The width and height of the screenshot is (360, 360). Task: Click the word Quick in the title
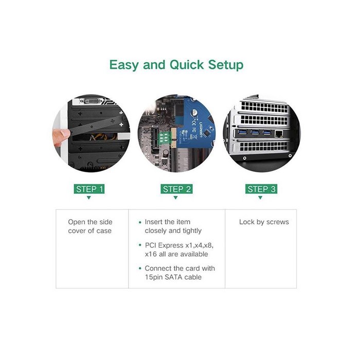(x=187, y=65)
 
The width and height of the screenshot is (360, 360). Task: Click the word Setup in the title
(x=226, y=65)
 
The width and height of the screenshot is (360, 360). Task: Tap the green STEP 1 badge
(x=89, y=189)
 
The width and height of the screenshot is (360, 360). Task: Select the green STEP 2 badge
(x=176, y=189)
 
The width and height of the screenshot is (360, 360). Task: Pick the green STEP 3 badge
(x=261, y=189)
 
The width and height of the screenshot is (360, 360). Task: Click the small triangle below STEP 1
(x=89, y=197)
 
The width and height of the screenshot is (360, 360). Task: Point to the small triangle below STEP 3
(x=260, y=197)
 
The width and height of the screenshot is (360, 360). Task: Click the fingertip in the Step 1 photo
(x=62, y=134)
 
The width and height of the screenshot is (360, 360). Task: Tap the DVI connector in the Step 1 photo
(x=91, y=101)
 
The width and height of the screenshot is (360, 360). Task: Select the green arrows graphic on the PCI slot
(x=164, y=137)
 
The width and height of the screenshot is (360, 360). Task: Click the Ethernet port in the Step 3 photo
(x=279, y=133)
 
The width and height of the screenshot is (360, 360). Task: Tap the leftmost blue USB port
(x=243, y=132)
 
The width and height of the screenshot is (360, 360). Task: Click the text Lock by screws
(x=264, y=222)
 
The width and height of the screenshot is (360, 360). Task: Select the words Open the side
(x=90, y=222)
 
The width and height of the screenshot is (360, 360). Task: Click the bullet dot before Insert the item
(x=140, y=222)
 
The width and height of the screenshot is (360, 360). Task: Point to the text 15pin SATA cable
(x=173, y=277)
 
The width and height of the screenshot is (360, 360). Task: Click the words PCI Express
(x=164, y=245)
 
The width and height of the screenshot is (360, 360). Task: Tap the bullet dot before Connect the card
(x=140, y=268)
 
